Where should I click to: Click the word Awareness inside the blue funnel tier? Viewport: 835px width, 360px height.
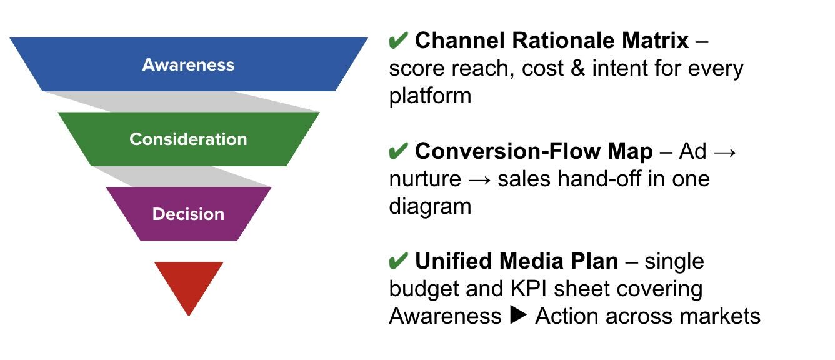coord(188,65)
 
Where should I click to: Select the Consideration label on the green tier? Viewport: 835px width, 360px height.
coord(188,139)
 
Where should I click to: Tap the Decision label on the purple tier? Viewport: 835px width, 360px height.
coord(188,214)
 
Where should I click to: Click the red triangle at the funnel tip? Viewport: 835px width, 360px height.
coord(188,281)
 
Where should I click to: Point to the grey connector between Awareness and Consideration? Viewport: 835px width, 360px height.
coord(187,101)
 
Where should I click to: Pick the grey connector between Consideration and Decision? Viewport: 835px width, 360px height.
coord(187,176)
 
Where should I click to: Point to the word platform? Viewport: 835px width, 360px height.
coord(430,96)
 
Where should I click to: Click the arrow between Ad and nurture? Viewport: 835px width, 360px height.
coord(726,152)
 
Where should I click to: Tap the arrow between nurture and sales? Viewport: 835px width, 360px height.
coord(479,179)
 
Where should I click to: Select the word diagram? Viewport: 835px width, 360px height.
coord(430,206)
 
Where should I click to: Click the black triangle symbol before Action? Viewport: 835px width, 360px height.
coord(518,316)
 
